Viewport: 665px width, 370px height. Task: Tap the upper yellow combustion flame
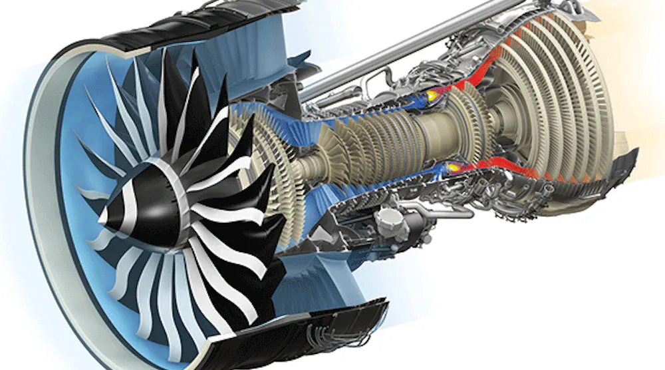point(433,96)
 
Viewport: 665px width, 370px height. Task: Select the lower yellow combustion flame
point(454,166)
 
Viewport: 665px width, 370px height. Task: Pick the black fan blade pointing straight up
point(193,87)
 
